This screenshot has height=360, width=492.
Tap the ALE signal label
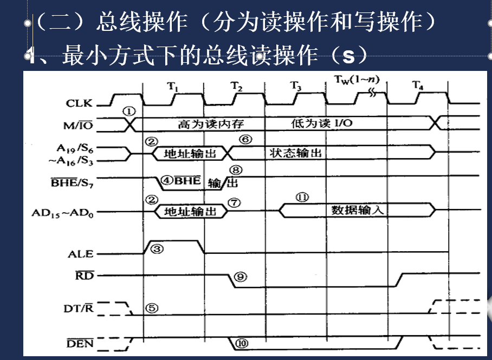80,253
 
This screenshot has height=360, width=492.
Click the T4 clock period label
417,85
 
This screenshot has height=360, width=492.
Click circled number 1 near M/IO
128,110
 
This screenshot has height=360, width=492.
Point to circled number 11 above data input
302,197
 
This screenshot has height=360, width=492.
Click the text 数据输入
357,210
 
